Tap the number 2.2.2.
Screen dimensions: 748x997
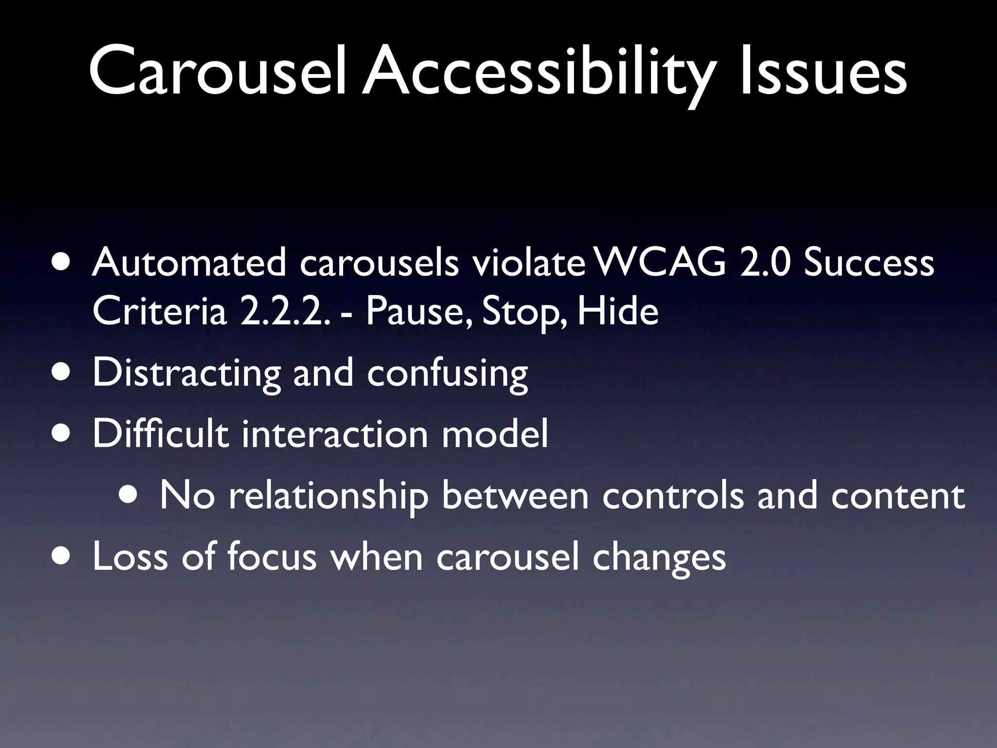[282, 312]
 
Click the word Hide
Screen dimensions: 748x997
[617, 312]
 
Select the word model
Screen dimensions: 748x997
[495, 433]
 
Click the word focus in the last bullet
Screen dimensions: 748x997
[272, 556]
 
